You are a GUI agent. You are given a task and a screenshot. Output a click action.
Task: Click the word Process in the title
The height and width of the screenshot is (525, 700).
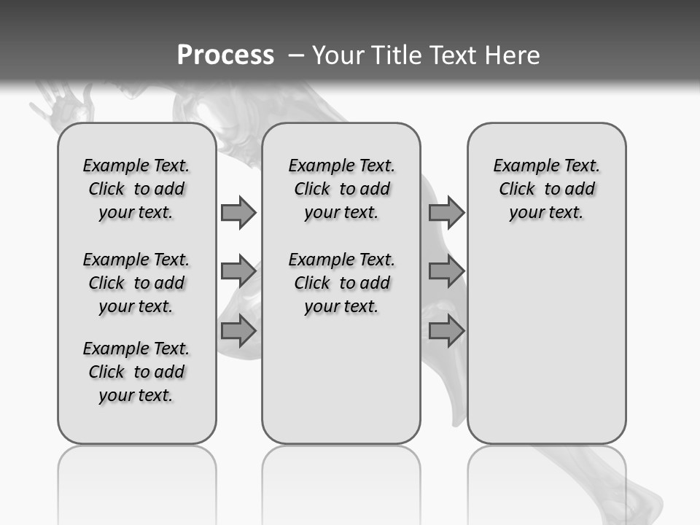tap(225, 55)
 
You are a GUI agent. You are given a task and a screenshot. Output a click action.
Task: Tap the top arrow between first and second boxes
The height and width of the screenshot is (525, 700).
tap(238, 212)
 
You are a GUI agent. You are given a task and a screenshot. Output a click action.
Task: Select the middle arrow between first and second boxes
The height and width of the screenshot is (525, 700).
tap(238, 271)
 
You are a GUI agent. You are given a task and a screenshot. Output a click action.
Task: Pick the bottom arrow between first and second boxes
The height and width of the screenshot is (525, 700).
tap(238, 330)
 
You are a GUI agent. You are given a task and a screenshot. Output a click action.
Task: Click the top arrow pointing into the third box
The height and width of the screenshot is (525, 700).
tap(446, 212)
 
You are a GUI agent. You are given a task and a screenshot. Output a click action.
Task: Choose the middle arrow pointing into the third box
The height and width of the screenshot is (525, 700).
tap(446, 271)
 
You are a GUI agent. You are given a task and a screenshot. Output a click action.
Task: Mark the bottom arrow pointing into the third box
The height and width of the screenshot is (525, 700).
tap(446, 330)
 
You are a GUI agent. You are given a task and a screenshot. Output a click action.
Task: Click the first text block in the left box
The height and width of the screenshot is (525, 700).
tap(136, 189)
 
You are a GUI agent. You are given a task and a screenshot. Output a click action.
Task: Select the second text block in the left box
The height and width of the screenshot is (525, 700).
tap(136, 283)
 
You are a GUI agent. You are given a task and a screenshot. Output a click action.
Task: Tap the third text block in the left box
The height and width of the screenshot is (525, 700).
tap(136, 372)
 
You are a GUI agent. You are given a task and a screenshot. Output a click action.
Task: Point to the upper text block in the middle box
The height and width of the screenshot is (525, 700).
tap(341, 189)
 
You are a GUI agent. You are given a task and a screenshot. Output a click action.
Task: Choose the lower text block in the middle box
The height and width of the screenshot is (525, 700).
tap(341, 283)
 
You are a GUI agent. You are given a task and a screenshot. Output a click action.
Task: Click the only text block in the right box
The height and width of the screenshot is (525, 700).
tap(546, 189)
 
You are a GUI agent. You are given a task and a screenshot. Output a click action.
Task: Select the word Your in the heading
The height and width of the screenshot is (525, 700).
tap(339, 55)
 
